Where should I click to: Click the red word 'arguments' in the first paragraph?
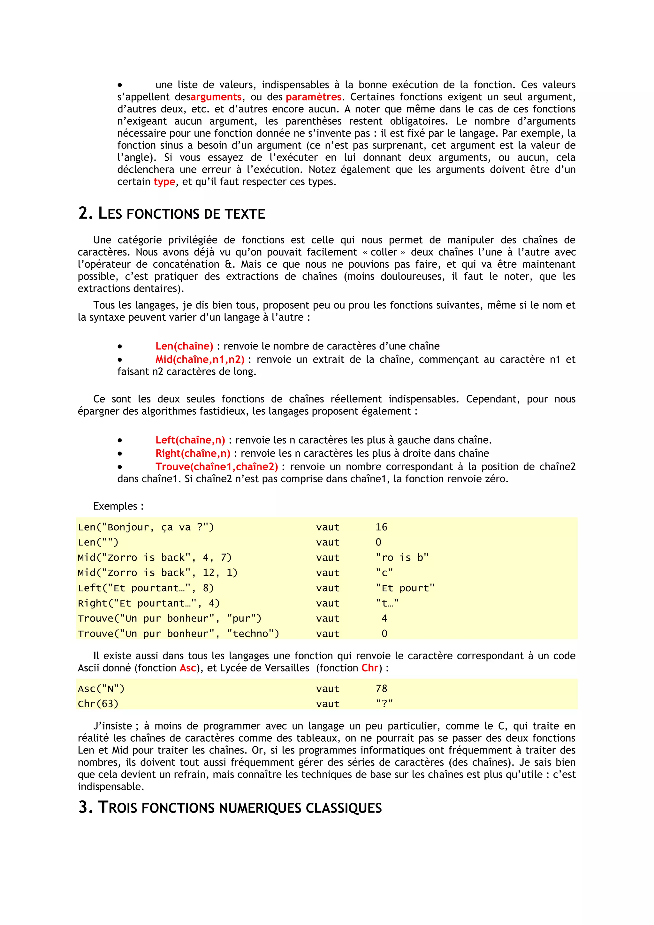(x=216, y=97)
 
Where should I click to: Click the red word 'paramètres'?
(x=313, y=97)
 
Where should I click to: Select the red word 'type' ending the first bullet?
(x=164, y=182)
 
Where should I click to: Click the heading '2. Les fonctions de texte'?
(x=171, y=214)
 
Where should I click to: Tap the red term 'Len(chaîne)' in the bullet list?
(x=184, y=346)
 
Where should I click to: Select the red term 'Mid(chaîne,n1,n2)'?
(x=200, y=359)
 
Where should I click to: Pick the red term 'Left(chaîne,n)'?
(x=190, y=440)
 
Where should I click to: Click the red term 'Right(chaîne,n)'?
(x=193, y=453)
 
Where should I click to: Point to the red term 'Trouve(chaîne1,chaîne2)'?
(x=217, y=467)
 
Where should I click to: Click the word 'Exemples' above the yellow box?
(x=115, y=506)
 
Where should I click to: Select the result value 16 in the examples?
(x=381, y=527)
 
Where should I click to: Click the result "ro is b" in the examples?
(x=402, y=558)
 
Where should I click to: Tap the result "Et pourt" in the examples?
(x=405, y=588)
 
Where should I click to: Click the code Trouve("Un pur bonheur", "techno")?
(x=179, y=634)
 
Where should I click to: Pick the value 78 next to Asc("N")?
(x=381, y=689)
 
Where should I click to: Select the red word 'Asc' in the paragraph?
(x=188, y=668)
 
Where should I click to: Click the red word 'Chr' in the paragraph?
(x=370, y=668)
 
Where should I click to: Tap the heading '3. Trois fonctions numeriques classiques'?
(x=230, y=808)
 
